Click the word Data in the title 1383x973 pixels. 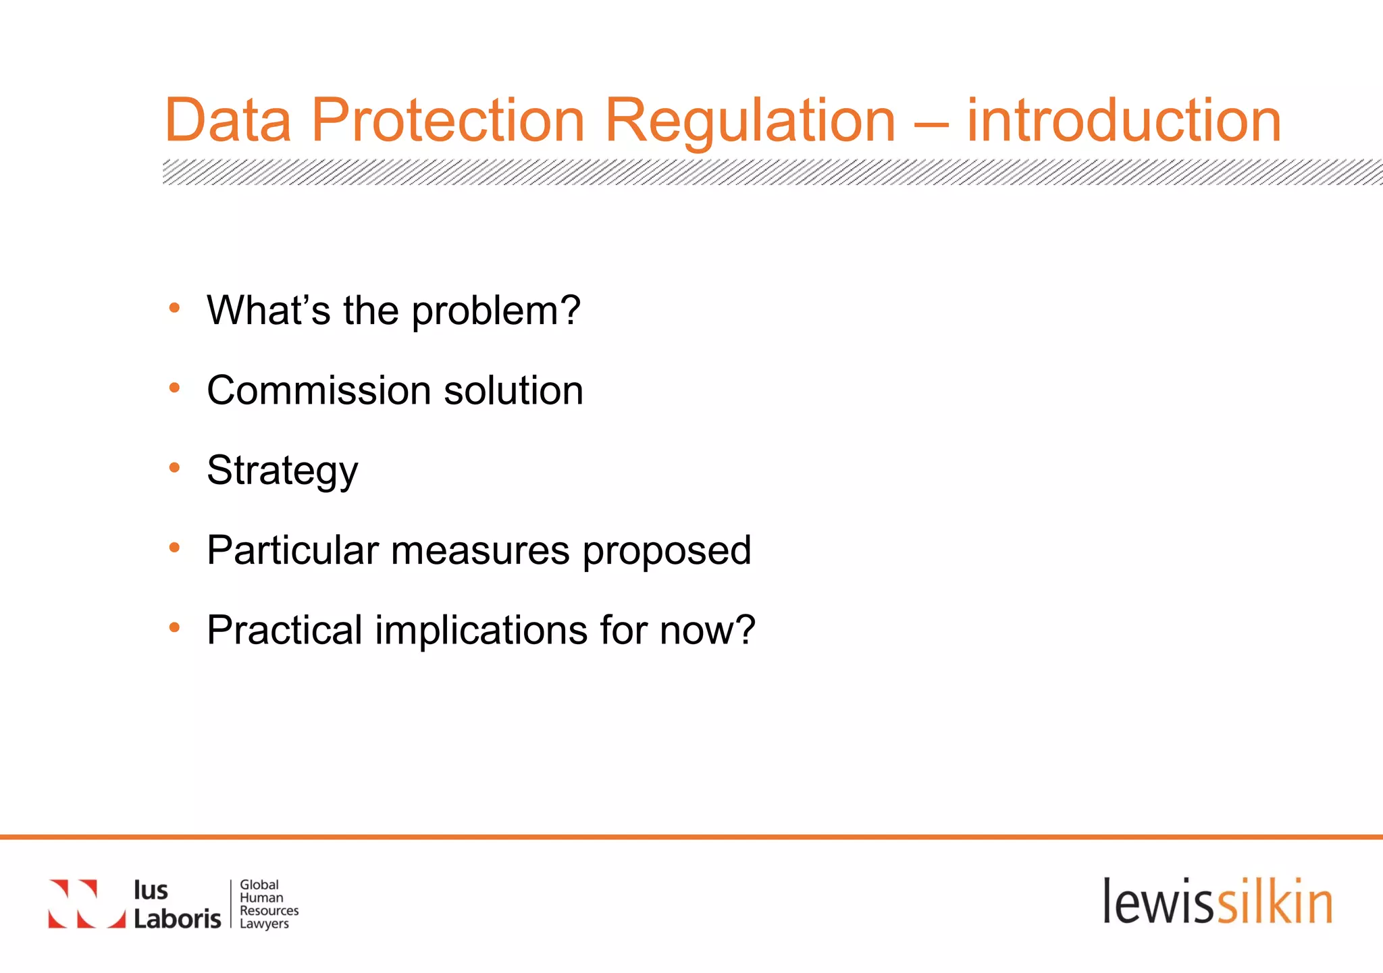(228, 121)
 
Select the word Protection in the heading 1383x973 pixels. (448, 121)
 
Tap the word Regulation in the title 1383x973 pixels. (750, 121)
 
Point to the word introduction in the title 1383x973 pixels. (1124, 121)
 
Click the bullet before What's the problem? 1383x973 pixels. (175, 309)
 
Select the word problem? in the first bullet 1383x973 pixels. (496, 311)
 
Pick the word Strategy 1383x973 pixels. (282, 471)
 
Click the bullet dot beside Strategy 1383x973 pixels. (175, 467)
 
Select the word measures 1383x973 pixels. (480, 550)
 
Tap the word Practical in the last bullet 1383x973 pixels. (285, 630)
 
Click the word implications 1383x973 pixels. (481, 630)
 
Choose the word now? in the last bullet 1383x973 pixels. (707, 630)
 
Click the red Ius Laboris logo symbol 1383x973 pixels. (86, 903)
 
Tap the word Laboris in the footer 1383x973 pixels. (177, 919)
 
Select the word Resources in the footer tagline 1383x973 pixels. (269, 910)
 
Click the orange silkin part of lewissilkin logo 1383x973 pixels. (1274, 902)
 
